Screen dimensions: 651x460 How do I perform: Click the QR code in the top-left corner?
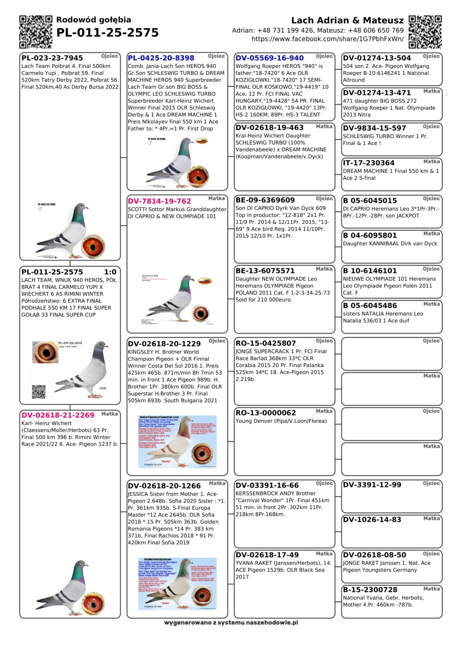pyautogui.click(x=35, y=32)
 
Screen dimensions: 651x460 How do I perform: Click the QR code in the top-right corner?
pyautogui.click(x=425, y=32)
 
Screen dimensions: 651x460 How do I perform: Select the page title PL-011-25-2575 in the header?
pyautogui.click(x=107, y=33)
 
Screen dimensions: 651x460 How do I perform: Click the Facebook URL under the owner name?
pyautogui.click(x=327, y=39)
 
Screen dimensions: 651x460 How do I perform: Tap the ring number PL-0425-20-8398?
pyautogui.click(x=161, y=58)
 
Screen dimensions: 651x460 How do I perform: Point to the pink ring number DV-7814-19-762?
pyautogui.click(x=159, y=201)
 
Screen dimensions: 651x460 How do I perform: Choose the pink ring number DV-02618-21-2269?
pyautogui.click(x=58, y=415)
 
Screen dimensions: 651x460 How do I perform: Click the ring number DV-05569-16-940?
pyautogui.click(x=269, y=58)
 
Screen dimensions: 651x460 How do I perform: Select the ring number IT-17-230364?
pyautogui.click(x=369, y=163)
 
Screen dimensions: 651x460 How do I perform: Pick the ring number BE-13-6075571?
pyautogui.click(x=265, y=271)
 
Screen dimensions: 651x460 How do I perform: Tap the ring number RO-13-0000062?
pyautogui.click(x=266, y=413)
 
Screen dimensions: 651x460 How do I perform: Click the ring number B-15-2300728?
pyautogui.click(x=370, y=590)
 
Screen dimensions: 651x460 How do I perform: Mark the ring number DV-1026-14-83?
pyautogui.click(x=367, y=520)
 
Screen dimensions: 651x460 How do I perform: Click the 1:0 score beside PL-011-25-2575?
pyautogui.click(x=110, y=272)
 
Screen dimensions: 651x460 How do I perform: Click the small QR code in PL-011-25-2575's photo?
pyautogui.click(x=39, y=392)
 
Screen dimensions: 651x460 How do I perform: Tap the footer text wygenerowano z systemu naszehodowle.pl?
pyautogui.click(x=231, y=623)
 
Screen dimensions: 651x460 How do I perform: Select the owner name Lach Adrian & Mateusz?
pyautogui.click(x=347, y=21)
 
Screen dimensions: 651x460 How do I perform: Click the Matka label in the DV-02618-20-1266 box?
pyautogui.click(x=217, y=483)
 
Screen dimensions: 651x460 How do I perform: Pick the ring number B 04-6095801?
pyautogui.click(x=370, y=236)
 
